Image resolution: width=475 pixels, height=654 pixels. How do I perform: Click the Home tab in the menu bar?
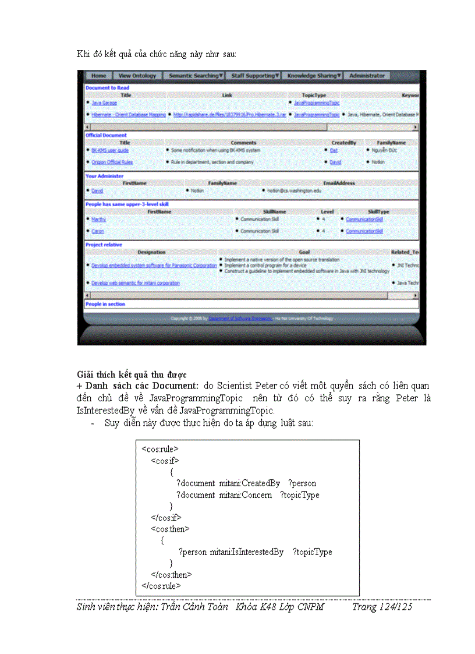[99, 76]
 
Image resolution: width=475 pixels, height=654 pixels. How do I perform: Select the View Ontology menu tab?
[137, 76]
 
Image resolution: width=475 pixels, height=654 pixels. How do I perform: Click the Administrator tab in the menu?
[367, 76]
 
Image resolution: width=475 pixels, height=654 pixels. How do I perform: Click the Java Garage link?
[104, 103]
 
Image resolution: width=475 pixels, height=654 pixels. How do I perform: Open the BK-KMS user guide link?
[110, 150]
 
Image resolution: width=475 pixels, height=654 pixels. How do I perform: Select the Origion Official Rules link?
[112, 162]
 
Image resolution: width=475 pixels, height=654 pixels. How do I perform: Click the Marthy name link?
[98, 220]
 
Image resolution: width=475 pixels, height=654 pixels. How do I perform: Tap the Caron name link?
[98, 231]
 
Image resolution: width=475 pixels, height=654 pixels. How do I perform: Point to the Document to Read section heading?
[107, 88]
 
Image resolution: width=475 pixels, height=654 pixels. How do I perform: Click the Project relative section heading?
[104, 245]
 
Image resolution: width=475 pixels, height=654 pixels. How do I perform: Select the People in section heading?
[105, 304]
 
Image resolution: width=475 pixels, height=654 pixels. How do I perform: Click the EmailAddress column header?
[339, 183]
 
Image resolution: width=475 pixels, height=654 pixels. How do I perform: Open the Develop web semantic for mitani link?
[136, 283]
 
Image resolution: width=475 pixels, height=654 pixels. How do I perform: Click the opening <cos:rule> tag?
[160, 449]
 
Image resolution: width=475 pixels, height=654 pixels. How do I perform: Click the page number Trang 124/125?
[382, 607]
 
